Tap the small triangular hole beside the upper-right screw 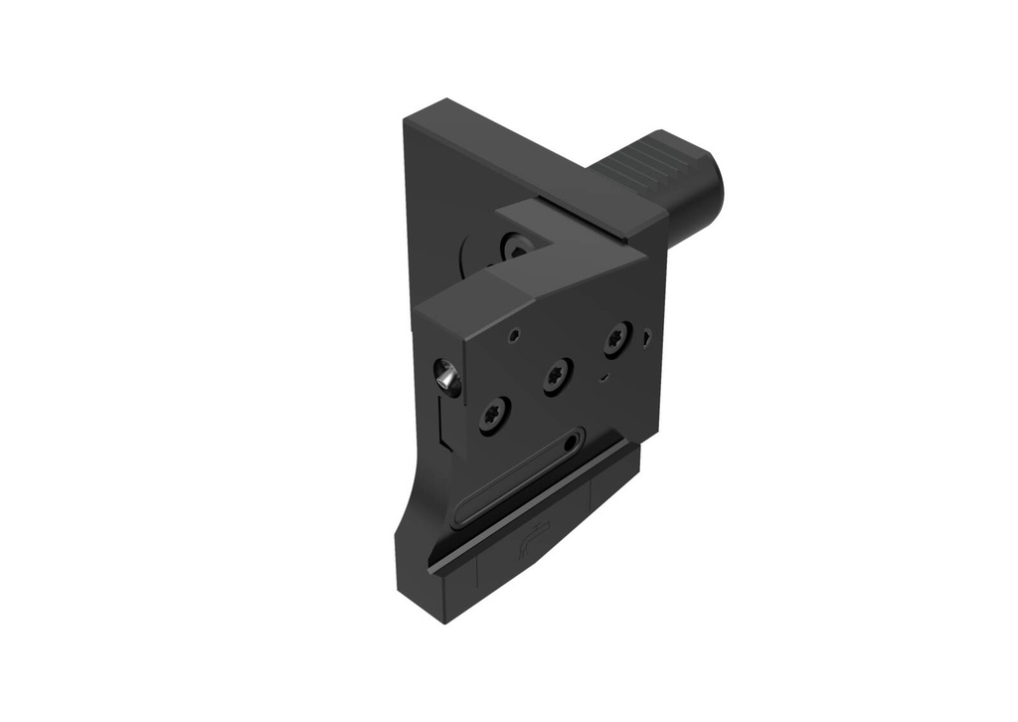click(647, 337)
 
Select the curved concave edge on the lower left click(408, 497)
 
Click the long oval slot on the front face click(517, 479)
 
